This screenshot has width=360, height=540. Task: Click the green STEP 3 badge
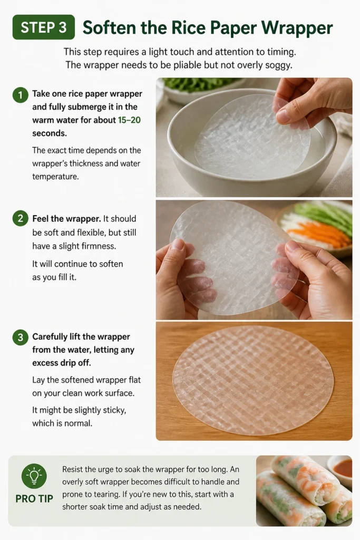coord(44,27)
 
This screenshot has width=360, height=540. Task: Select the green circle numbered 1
coord(21,95)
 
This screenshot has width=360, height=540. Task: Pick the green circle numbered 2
coord(21,219)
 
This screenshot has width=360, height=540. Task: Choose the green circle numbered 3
coord(21,337)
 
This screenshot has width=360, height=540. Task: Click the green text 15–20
coord(129,120)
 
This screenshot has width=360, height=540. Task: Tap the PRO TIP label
coord(34,499)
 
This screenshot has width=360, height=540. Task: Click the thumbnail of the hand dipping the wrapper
coord(254,137)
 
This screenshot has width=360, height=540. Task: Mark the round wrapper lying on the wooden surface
coord(254,381)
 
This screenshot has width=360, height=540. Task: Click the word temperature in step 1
coord(55,177)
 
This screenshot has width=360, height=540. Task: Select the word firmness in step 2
coord(100,246)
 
